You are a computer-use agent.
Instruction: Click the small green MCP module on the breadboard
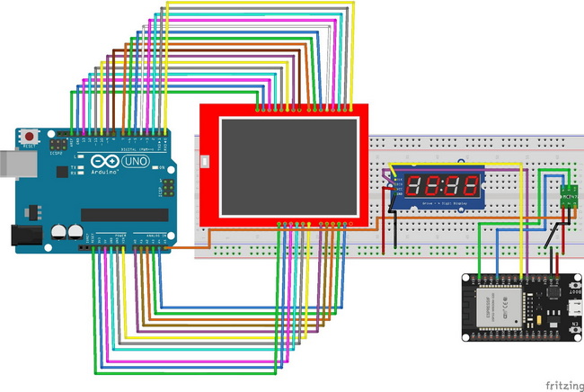tap(568, 193)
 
